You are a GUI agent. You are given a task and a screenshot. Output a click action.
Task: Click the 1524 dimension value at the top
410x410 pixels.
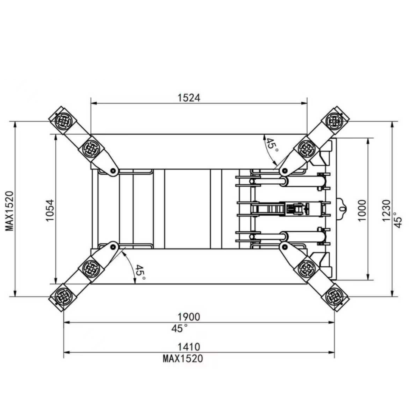(x=189, y=98)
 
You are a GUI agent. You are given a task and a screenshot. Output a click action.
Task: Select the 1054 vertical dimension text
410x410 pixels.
(x=50, y=210)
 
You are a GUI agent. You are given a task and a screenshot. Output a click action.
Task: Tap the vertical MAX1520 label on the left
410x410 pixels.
(x=9, y=210)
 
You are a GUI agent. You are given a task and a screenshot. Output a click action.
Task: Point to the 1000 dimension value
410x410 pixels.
(x=362, y=210)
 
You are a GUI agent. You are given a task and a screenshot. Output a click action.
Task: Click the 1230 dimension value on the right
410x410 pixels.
(x=386, y=210)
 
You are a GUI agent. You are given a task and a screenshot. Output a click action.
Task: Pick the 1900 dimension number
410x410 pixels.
(x=189, y=317)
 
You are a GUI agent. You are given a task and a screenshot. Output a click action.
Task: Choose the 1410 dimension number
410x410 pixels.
(x=189, y=347)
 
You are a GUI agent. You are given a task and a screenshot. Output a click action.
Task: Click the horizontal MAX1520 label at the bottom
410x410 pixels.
(x=183, y=358)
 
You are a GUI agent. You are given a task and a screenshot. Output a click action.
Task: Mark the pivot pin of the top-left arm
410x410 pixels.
(x=113, y=171)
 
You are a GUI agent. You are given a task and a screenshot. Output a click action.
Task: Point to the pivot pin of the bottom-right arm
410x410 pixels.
(x=284, y=246)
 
